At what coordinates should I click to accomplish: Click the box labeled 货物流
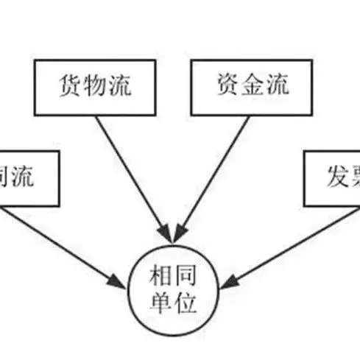(95, 87)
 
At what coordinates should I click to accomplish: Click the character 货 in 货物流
(70, 86)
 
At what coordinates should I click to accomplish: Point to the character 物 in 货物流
(95, 86)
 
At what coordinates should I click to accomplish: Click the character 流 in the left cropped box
(41, 177)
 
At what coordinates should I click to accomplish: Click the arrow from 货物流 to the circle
(135, 177)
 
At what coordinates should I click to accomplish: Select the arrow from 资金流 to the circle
(213, 177)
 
